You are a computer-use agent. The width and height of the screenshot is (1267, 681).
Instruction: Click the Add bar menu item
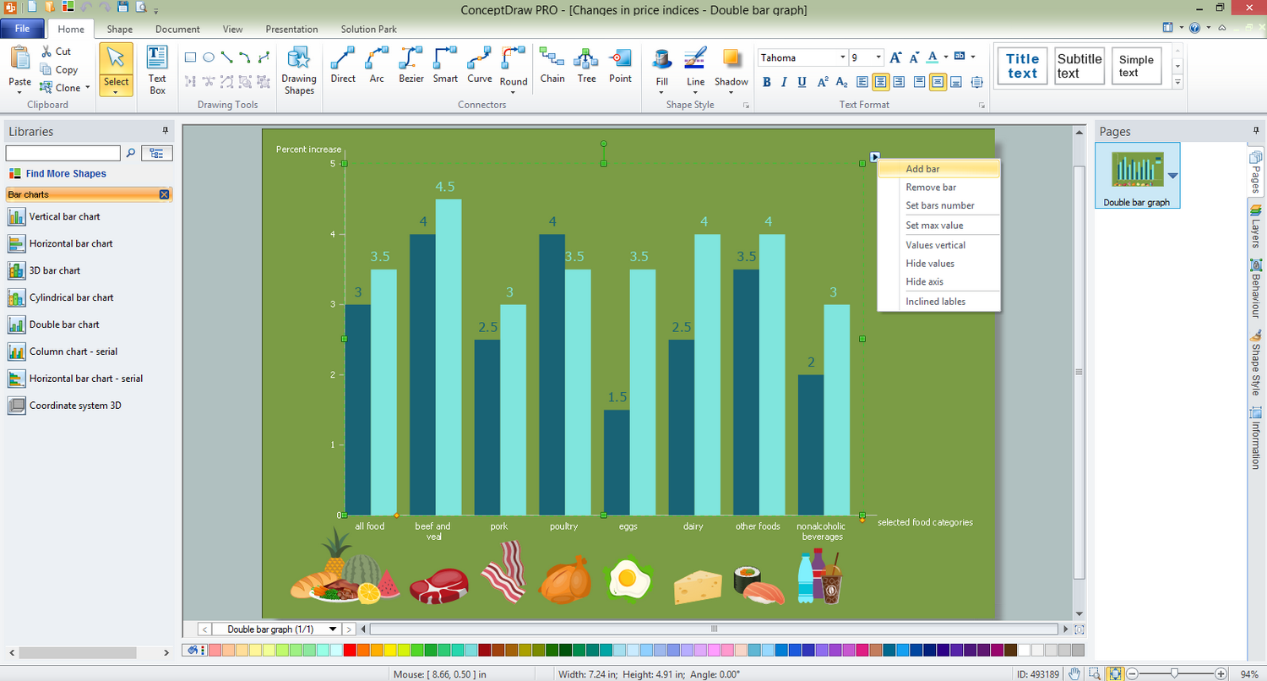click(922, 169)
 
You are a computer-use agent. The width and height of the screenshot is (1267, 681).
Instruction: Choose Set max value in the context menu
click(934, 226)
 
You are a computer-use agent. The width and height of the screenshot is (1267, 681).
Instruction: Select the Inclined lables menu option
click(935, 302)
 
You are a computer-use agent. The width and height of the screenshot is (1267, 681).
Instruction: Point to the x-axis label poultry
click(563, 526)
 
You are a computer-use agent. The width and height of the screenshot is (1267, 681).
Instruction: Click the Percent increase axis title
click(308, 150)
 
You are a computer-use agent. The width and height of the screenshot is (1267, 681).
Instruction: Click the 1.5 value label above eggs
click(617, 397)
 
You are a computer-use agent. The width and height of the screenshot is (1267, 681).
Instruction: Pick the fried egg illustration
click(628, 578)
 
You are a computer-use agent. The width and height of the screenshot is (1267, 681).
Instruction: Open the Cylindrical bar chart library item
click(71, 297)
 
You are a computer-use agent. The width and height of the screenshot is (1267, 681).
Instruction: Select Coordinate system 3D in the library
click(74, 406)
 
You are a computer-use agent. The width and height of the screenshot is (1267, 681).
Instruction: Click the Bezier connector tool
click(411, 66)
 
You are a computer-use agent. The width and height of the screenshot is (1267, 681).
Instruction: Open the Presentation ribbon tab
click(291, 29)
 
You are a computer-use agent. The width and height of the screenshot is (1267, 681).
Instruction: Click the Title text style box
click(1022, 66)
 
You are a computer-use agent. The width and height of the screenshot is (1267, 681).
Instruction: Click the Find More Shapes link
click(66, 174)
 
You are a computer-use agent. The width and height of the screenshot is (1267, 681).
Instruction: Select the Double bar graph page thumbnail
click(1137, 173)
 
